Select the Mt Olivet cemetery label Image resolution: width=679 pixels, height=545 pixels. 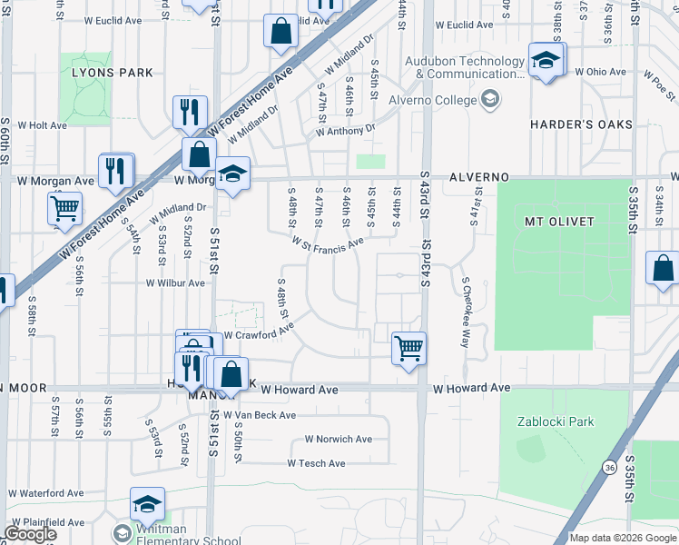[x=558, y=222]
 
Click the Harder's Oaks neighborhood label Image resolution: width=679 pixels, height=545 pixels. [x=579, y=124]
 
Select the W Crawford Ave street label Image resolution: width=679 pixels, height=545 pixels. [x=259, y=334]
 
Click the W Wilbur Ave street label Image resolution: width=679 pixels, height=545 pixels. [x=175, y=283]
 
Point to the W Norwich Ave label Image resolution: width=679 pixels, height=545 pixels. [x=338, y=439]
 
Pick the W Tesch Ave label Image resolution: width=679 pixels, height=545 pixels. [x=316, y=463]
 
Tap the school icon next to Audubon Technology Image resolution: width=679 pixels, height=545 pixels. [x=546, y=61]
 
